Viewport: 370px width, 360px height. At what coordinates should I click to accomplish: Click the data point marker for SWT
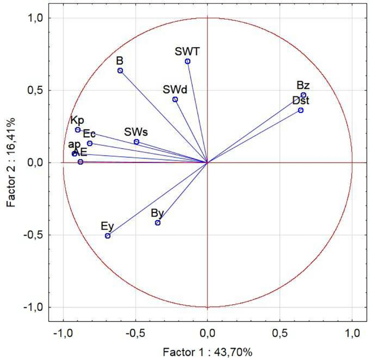[x=187, y=61]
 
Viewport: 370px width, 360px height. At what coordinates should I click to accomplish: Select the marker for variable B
[x=120, y=71]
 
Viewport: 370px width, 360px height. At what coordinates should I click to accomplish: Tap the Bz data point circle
[x=304, y=95]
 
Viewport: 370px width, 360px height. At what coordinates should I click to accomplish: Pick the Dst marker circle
[x=301, y=110]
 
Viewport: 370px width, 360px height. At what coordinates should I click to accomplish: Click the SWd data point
[x=175, y=99]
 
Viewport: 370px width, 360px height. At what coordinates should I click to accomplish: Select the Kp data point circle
[x=78, y=130]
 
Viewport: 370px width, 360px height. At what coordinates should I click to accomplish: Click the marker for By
[x=158, y=223]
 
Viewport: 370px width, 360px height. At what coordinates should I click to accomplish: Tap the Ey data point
[x=107, y=236]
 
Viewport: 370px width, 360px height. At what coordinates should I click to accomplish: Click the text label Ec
[x=89, y=134]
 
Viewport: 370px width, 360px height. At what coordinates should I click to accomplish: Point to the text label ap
[x=74, y=144]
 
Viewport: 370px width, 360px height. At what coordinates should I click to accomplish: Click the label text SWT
[x=187, y=51]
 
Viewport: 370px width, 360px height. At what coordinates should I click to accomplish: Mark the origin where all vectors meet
[x=207, y=162]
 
